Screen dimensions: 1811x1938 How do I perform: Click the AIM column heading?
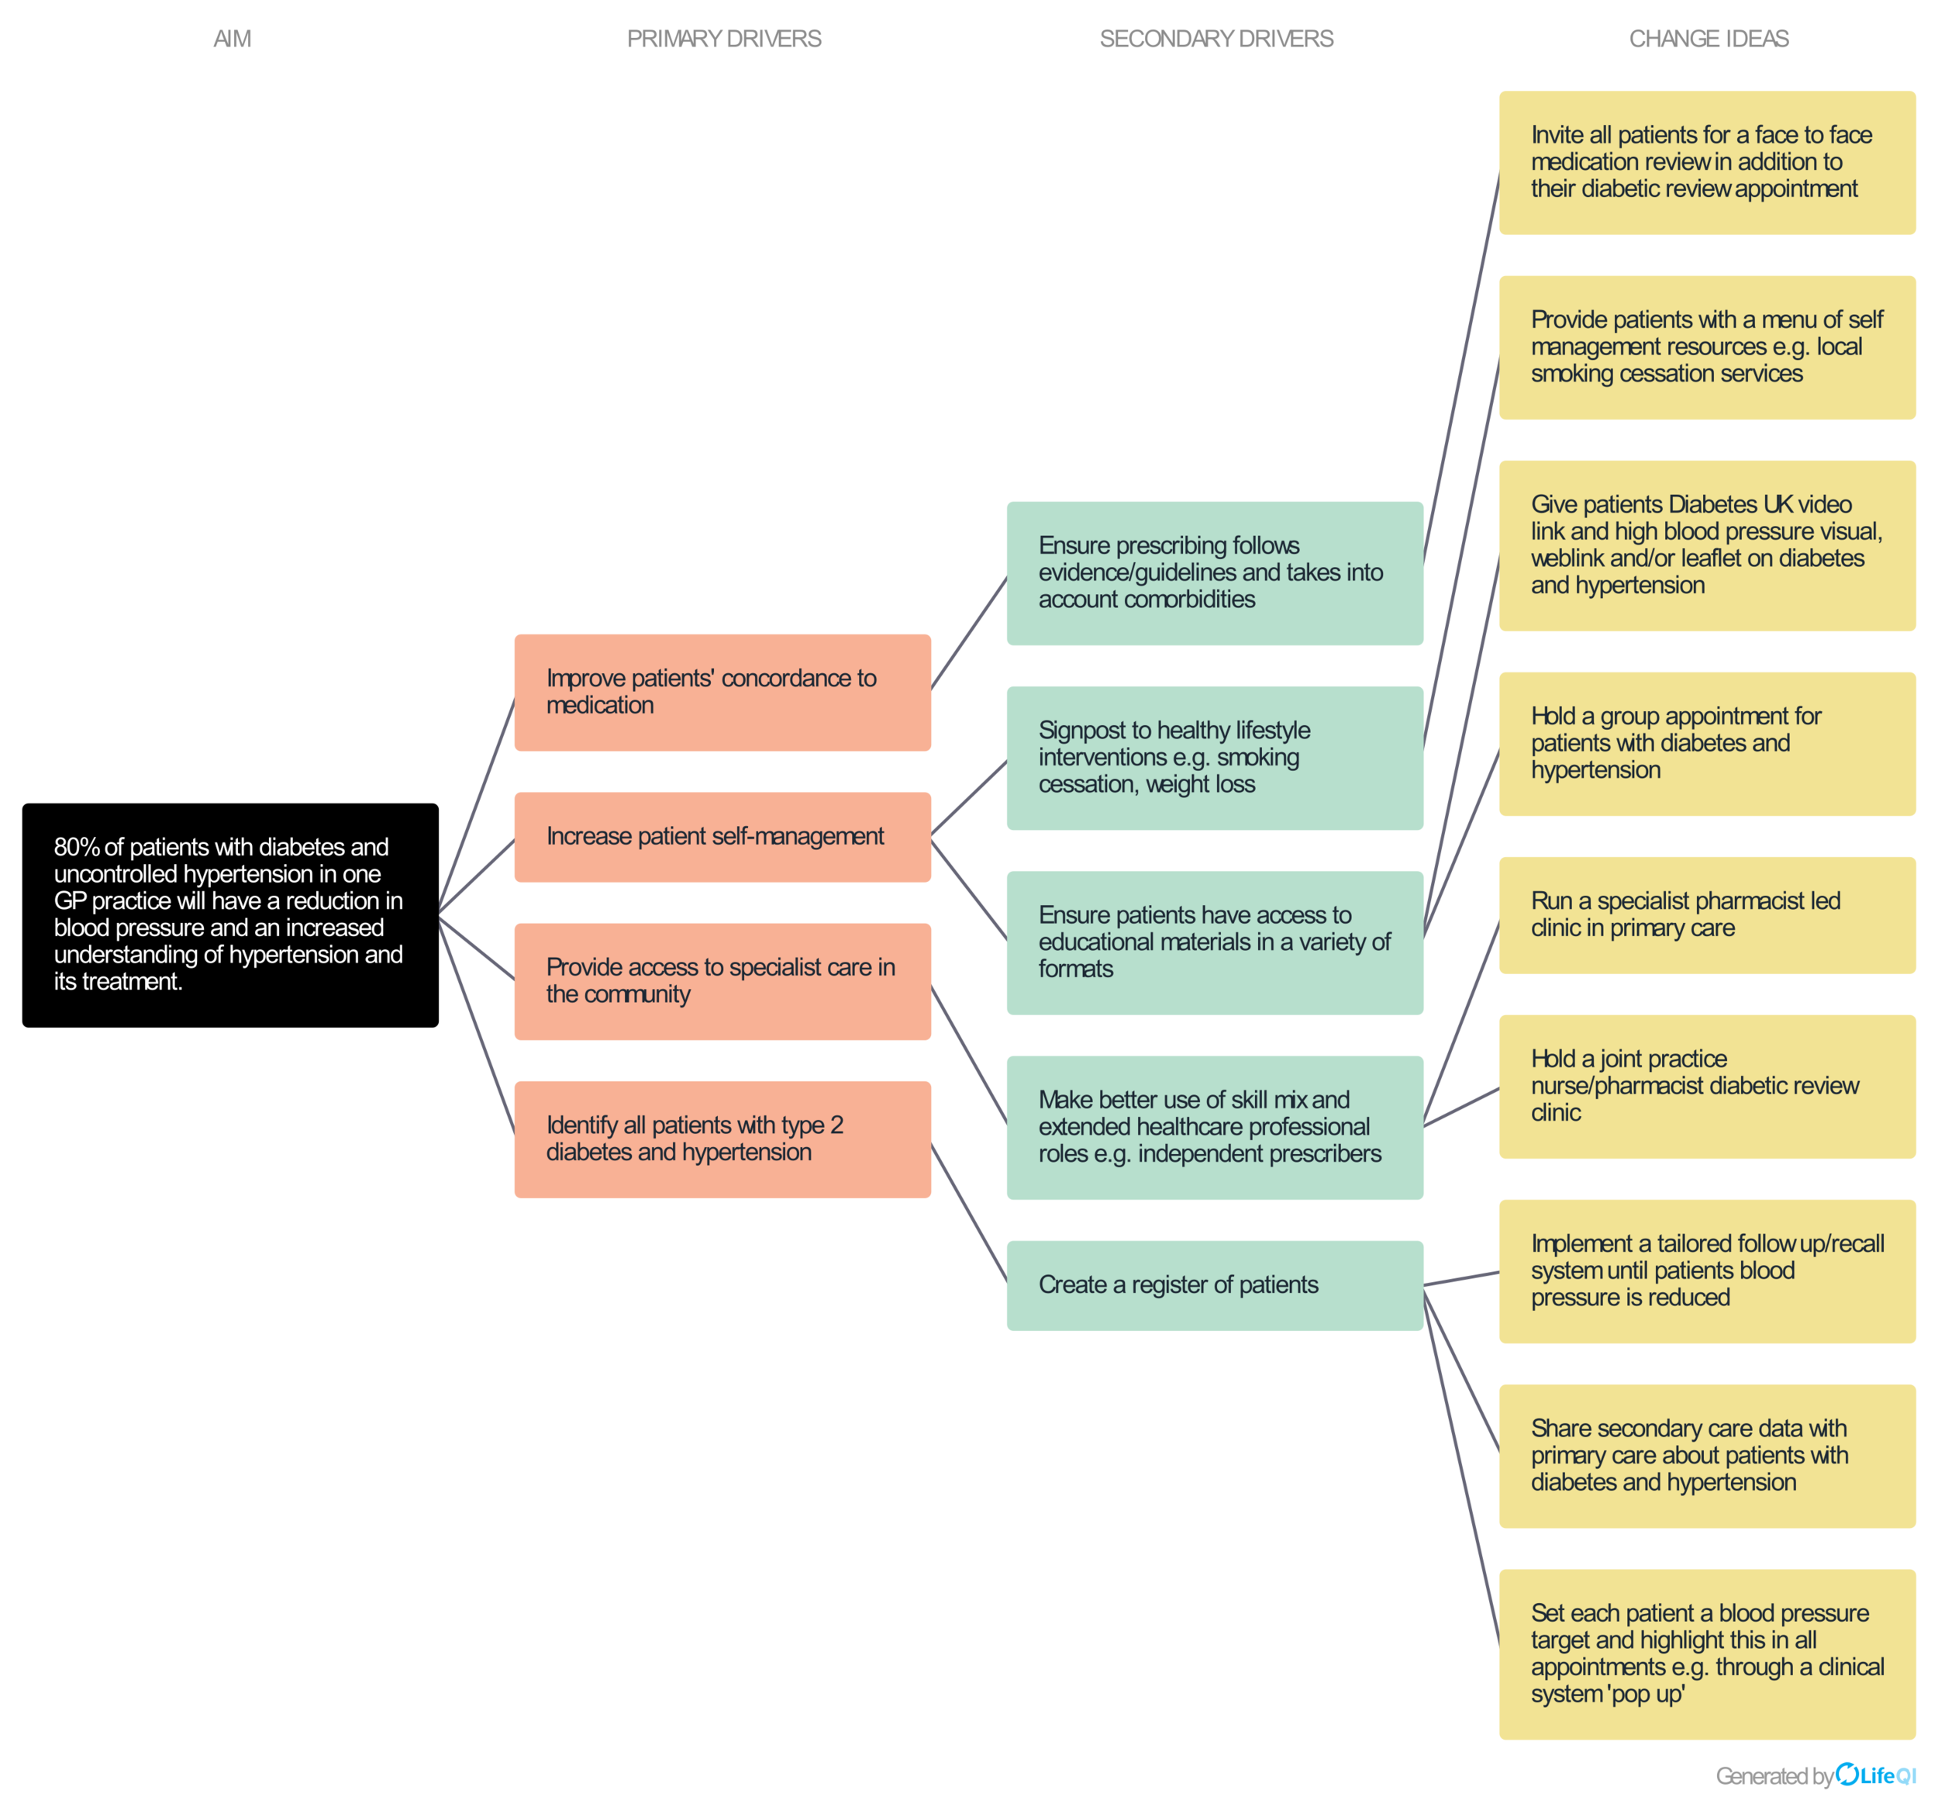[x=232, y=39]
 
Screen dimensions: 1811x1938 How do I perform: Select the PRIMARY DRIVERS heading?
[x=723, y=39]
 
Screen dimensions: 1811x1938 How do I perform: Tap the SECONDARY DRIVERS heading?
[x=1216, y=39]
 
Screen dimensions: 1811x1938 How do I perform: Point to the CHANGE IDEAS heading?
[x=1708, y=39]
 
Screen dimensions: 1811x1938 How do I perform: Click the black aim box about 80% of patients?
[x=230, y=914]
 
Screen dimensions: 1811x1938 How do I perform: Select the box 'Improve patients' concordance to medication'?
[x=722, y=693]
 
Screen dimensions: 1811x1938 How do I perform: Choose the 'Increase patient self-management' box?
[x=722, y=837]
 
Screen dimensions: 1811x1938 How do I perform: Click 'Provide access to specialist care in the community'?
[x=722, y=981]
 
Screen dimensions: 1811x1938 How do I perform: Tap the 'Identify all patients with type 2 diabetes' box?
[x=722, y=1139]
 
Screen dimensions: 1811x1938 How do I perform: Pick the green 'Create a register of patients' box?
[x=1215, y=1285]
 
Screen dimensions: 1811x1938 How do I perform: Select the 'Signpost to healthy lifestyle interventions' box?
[x=1215, y=758]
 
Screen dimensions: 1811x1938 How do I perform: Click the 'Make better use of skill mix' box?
[x=1215, y=1128]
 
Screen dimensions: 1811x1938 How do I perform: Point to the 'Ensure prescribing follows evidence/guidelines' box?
[x=1215, y=573]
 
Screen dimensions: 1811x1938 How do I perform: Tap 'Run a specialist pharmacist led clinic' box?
[x=1707, y=914]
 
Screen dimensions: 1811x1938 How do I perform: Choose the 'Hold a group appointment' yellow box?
[x=1707, y=744]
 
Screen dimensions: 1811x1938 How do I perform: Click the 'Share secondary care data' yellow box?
[x=1707, y=1456]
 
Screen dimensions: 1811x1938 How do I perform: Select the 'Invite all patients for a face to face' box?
[x=1707, y=163]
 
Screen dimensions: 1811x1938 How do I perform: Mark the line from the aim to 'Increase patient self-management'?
[x=477, y=876]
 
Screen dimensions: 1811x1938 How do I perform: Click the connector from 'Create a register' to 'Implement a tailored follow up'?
[x=1461, y=1278]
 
